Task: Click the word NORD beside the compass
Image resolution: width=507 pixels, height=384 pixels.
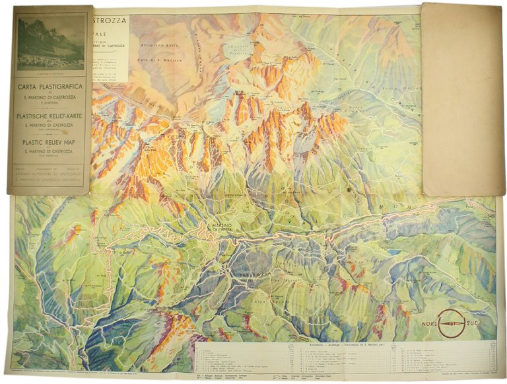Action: (430, 323)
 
